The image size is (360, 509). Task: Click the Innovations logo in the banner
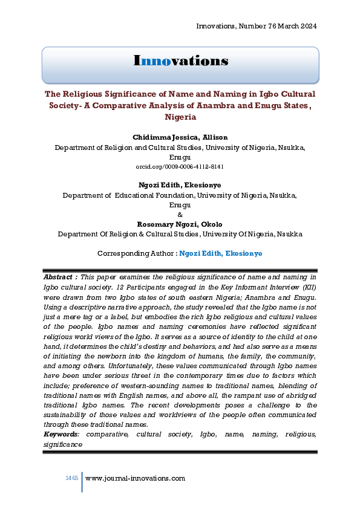click(180, 61)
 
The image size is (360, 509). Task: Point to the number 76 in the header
click(264, 26)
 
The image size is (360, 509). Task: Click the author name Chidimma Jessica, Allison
click(180, 138)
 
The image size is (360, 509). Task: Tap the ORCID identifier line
click(180, 166)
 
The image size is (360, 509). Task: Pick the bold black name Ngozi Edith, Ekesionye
click(180, 186)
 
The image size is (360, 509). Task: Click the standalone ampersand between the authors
click(180, 215)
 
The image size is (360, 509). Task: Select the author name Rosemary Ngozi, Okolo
click(180, 224)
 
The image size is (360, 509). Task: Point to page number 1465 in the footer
click(72, 478)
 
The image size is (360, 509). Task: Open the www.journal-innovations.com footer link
click(135, 478)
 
